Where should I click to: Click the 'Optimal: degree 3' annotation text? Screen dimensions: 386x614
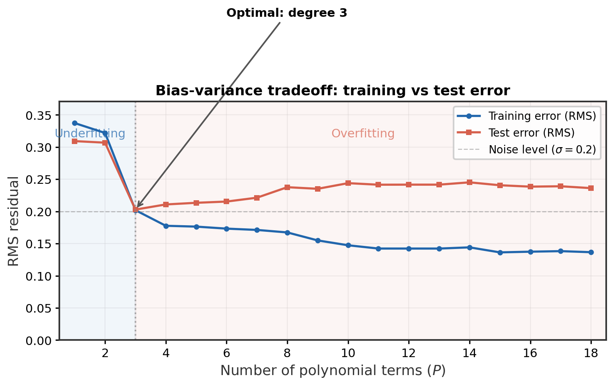click(287, 13)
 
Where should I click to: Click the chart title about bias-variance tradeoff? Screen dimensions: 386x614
click(333, 91)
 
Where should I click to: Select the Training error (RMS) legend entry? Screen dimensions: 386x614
click(542, 116)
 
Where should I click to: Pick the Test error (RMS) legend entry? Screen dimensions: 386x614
click(531, 133)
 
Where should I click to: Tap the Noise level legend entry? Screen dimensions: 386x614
click(542, 149)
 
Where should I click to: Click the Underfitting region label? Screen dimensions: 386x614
click(90, 133)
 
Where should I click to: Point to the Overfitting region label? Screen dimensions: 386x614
click(363, 133)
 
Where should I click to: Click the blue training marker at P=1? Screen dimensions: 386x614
click(75, 123)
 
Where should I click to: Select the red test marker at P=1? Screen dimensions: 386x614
click(75, 141)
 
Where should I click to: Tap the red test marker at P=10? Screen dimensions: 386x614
click(348, 183)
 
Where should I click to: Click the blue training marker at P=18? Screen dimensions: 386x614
click(591, 252)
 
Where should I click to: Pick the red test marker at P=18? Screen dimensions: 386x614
click(591, 188)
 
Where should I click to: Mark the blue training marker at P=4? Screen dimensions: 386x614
click(166, 226)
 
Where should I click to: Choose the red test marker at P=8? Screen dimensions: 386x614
click(287, 187)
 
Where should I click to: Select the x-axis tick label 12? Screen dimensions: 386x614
click(408, 354)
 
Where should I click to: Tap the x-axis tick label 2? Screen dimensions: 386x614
click(105, 354)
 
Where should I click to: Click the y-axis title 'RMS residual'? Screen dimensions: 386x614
click(14, 221)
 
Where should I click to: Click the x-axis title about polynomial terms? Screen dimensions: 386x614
click(333, 370)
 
